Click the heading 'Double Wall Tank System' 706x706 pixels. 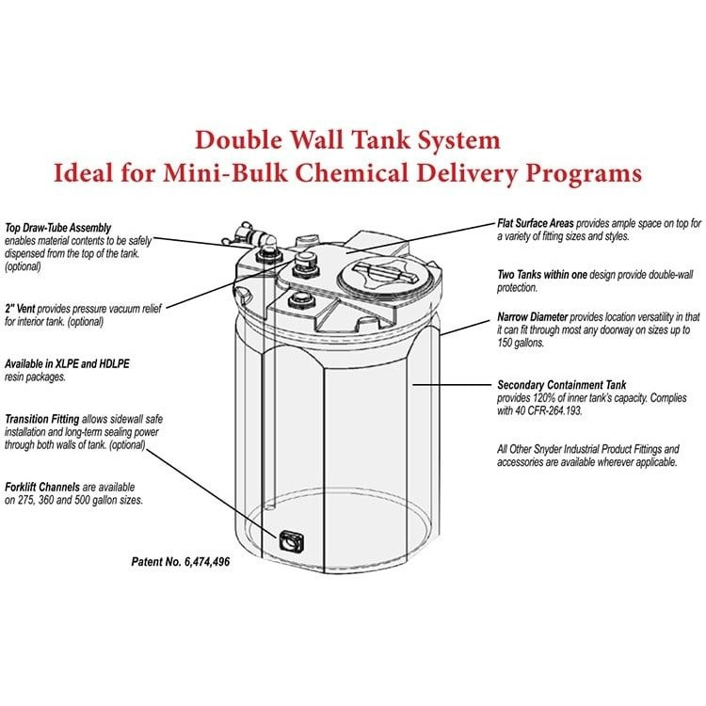pyautogui.click(x=347, y=140)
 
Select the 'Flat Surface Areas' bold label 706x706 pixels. pyautogui.click(x=535, y=224)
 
